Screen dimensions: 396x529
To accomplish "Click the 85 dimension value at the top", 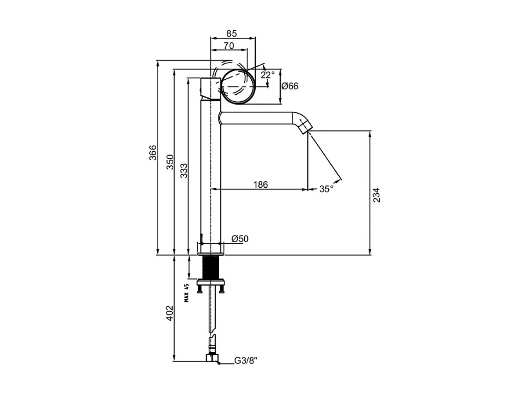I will [232, 33].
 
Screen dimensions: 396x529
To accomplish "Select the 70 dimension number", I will [228, 46].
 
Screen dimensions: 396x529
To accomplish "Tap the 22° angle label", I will [267, 75].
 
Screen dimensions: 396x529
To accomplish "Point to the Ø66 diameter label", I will [290, 86].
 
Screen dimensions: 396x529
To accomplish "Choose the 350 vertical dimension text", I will [170, 162].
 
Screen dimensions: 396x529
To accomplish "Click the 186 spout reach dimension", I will [261, 185].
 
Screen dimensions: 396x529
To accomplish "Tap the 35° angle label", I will [326, 189].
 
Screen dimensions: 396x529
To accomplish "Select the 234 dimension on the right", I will [376, 195].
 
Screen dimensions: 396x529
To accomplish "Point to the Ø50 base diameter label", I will [240, 239].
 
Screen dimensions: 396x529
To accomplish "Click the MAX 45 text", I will [186, 293].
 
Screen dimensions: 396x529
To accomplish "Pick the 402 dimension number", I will [170, 313].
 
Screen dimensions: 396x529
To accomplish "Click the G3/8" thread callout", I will [245, 360].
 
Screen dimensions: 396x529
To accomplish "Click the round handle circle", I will [237, 86].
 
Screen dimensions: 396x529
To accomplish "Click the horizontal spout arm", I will [257, 118].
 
